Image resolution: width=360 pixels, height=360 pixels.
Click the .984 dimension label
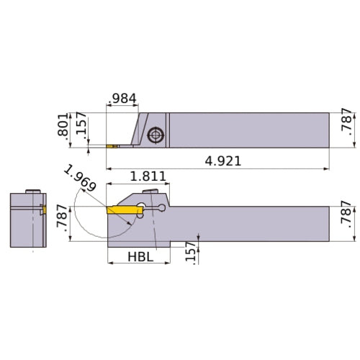click(x=122, y=99)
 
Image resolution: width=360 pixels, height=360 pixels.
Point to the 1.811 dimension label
click(x=148, y=176)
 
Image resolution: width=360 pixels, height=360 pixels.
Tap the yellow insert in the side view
click(x=122, y=210)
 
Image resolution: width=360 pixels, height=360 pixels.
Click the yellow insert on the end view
click(x=44, y=210)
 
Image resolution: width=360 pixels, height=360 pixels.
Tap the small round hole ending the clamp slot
click(x=163, y=210)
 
